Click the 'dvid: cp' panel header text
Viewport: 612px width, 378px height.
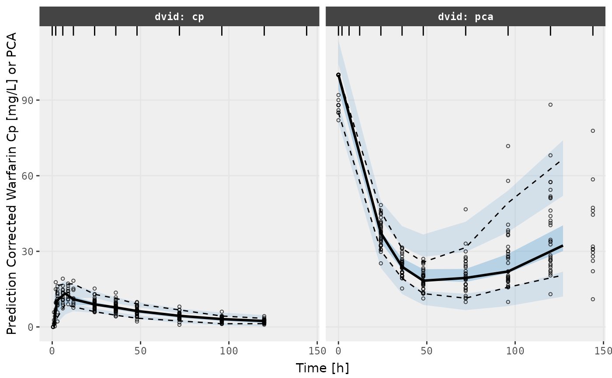tap(179, 17)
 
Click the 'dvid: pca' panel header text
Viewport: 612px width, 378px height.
tap(466, 17)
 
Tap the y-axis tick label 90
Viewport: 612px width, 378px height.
tap(28, 100)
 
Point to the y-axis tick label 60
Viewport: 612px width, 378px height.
tap(28, 176)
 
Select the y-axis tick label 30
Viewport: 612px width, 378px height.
tap(28, 251)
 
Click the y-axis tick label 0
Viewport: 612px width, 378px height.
tap(31, 327)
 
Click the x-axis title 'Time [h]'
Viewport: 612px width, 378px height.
tap(323, 368)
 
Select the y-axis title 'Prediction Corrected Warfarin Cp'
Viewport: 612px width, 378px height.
tap(12, 184)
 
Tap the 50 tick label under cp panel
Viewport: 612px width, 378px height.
tap(140, 350)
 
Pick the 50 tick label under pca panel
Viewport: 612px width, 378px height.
tap(427, 350)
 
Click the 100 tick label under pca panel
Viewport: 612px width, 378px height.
tap(515, 350)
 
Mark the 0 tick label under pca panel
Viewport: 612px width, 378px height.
tap(338, 350)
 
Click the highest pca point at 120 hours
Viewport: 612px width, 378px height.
tap(550, 104)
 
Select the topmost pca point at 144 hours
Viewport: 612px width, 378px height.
tap(593, 131)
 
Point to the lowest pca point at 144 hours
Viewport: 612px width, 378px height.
tap(593, 299)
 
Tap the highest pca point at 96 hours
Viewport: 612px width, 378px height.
tap(508, 146)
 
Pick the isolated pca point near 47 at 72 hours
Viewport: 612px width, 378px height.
tap(466, 209)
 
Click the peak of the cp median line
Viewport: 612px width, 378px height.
tap(65, 293)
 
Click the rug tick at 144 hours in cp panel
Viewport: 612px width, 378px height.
tap(306, 31)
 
